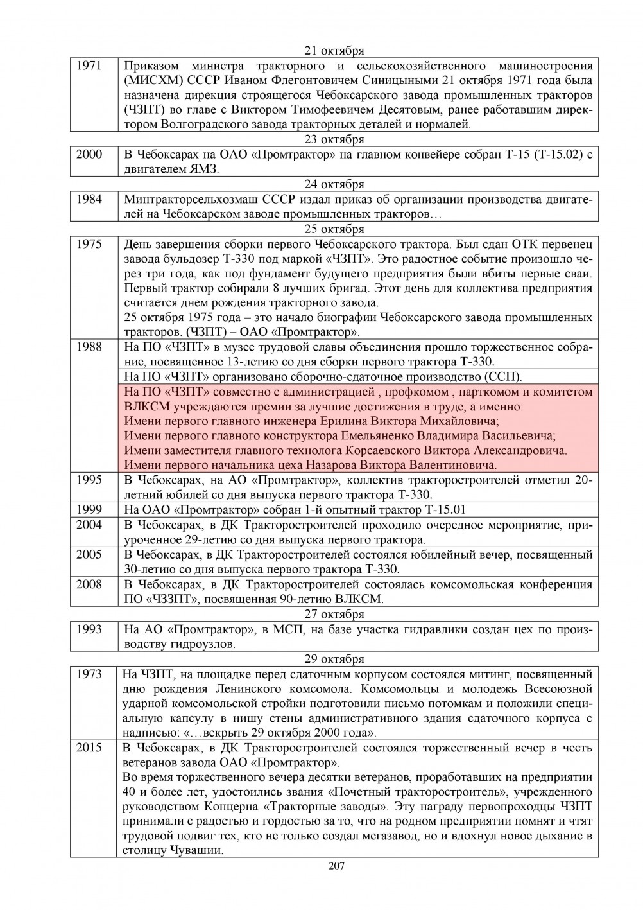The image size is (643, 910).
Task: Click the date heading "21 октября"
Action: click(334, 51)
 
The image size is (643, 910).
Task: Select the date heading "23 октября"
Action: click(334, 139)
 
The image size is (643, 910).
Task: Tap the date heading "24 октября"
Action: click(334, 184)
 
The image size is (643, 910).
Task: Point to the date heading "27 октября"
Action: click(334, 614)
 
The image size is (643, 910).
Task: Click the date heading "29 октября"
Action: click(334, 659)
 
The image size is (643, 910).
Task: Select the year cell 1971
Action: click(89, 66)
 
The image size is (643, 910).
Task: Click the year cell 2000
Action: click(89, 154)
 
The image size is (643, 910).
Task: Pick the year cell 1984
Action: click(89, 199)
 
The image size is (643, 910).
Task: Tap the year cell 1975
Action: click(89, 244)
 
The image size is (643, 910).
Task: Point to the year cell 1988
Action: click(89, 347)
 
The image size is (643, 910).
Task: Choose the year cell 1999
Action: click(89, 510)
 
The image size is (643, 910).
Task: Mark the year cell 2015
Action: click(89, 748)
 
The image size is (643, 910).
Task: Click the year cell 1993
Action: click(89, 629)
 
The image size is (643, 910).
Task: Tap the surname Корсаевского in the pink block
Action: click(386, 451)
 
